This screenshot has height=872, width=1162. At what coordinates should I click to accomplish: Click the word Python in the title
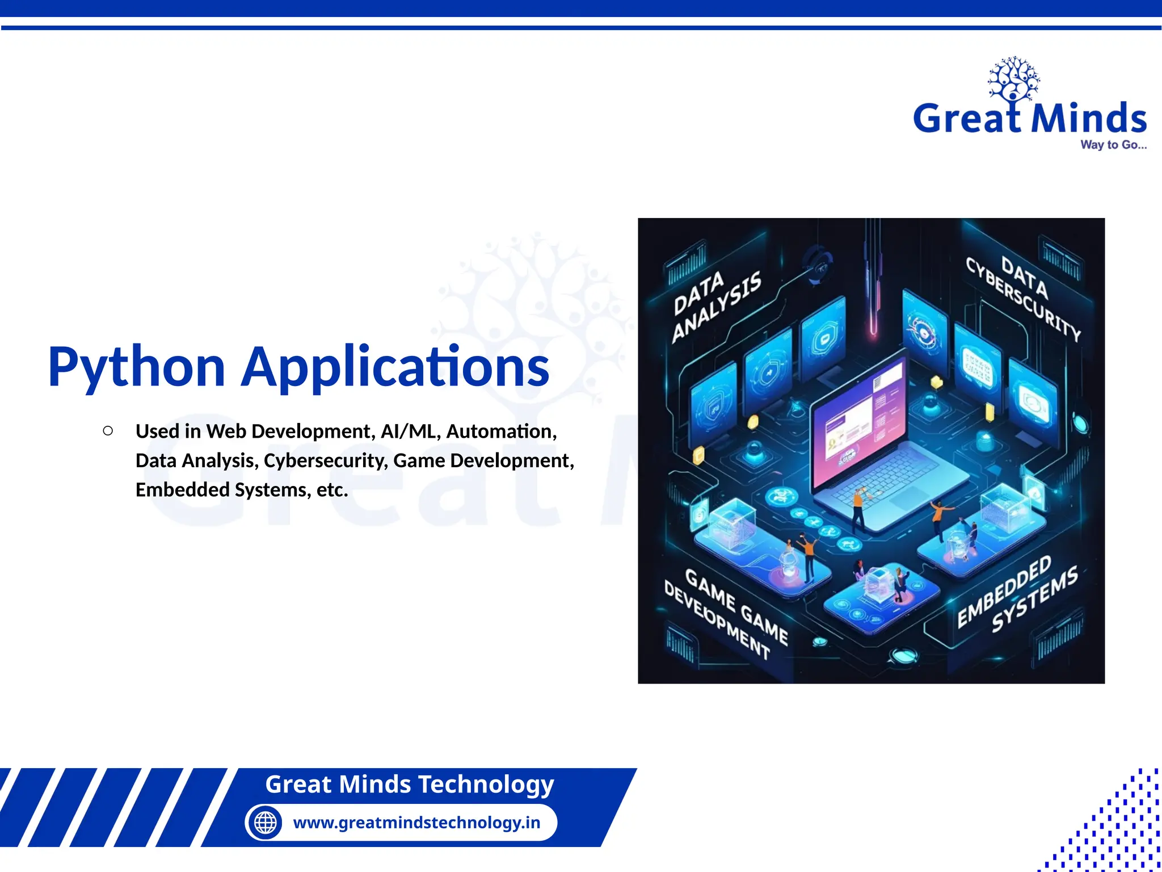[137, 368]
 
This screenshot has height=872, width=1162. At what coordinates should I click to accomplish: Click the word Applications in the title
[395, 368]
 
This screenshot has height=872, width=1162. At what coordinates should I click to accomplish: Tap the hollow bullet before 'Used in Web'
[108, 431]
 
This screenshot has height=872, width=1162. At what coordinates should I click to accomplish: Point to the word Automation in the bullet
[501, 431]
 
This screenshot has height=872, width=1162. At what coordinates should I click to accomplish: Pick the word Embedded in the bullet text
[182, 489]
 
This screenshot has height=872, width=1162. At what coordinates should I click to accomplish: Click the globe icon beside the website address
[265, 822]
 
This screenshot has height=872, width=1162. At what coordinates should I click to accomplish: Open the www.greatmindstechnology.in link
[416, 822]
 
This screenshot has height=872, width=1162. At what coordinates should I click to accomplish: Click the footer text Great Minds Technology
[409, 784]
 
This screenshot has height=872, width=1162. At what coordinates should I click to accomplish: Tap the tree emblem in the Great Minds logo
[1013, 79]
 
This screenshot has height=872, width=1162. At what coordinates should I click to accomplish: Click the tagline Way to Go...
[1113, 145]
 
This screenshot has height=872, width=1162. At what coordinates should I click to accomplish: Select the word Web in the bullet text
[226, 431]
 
